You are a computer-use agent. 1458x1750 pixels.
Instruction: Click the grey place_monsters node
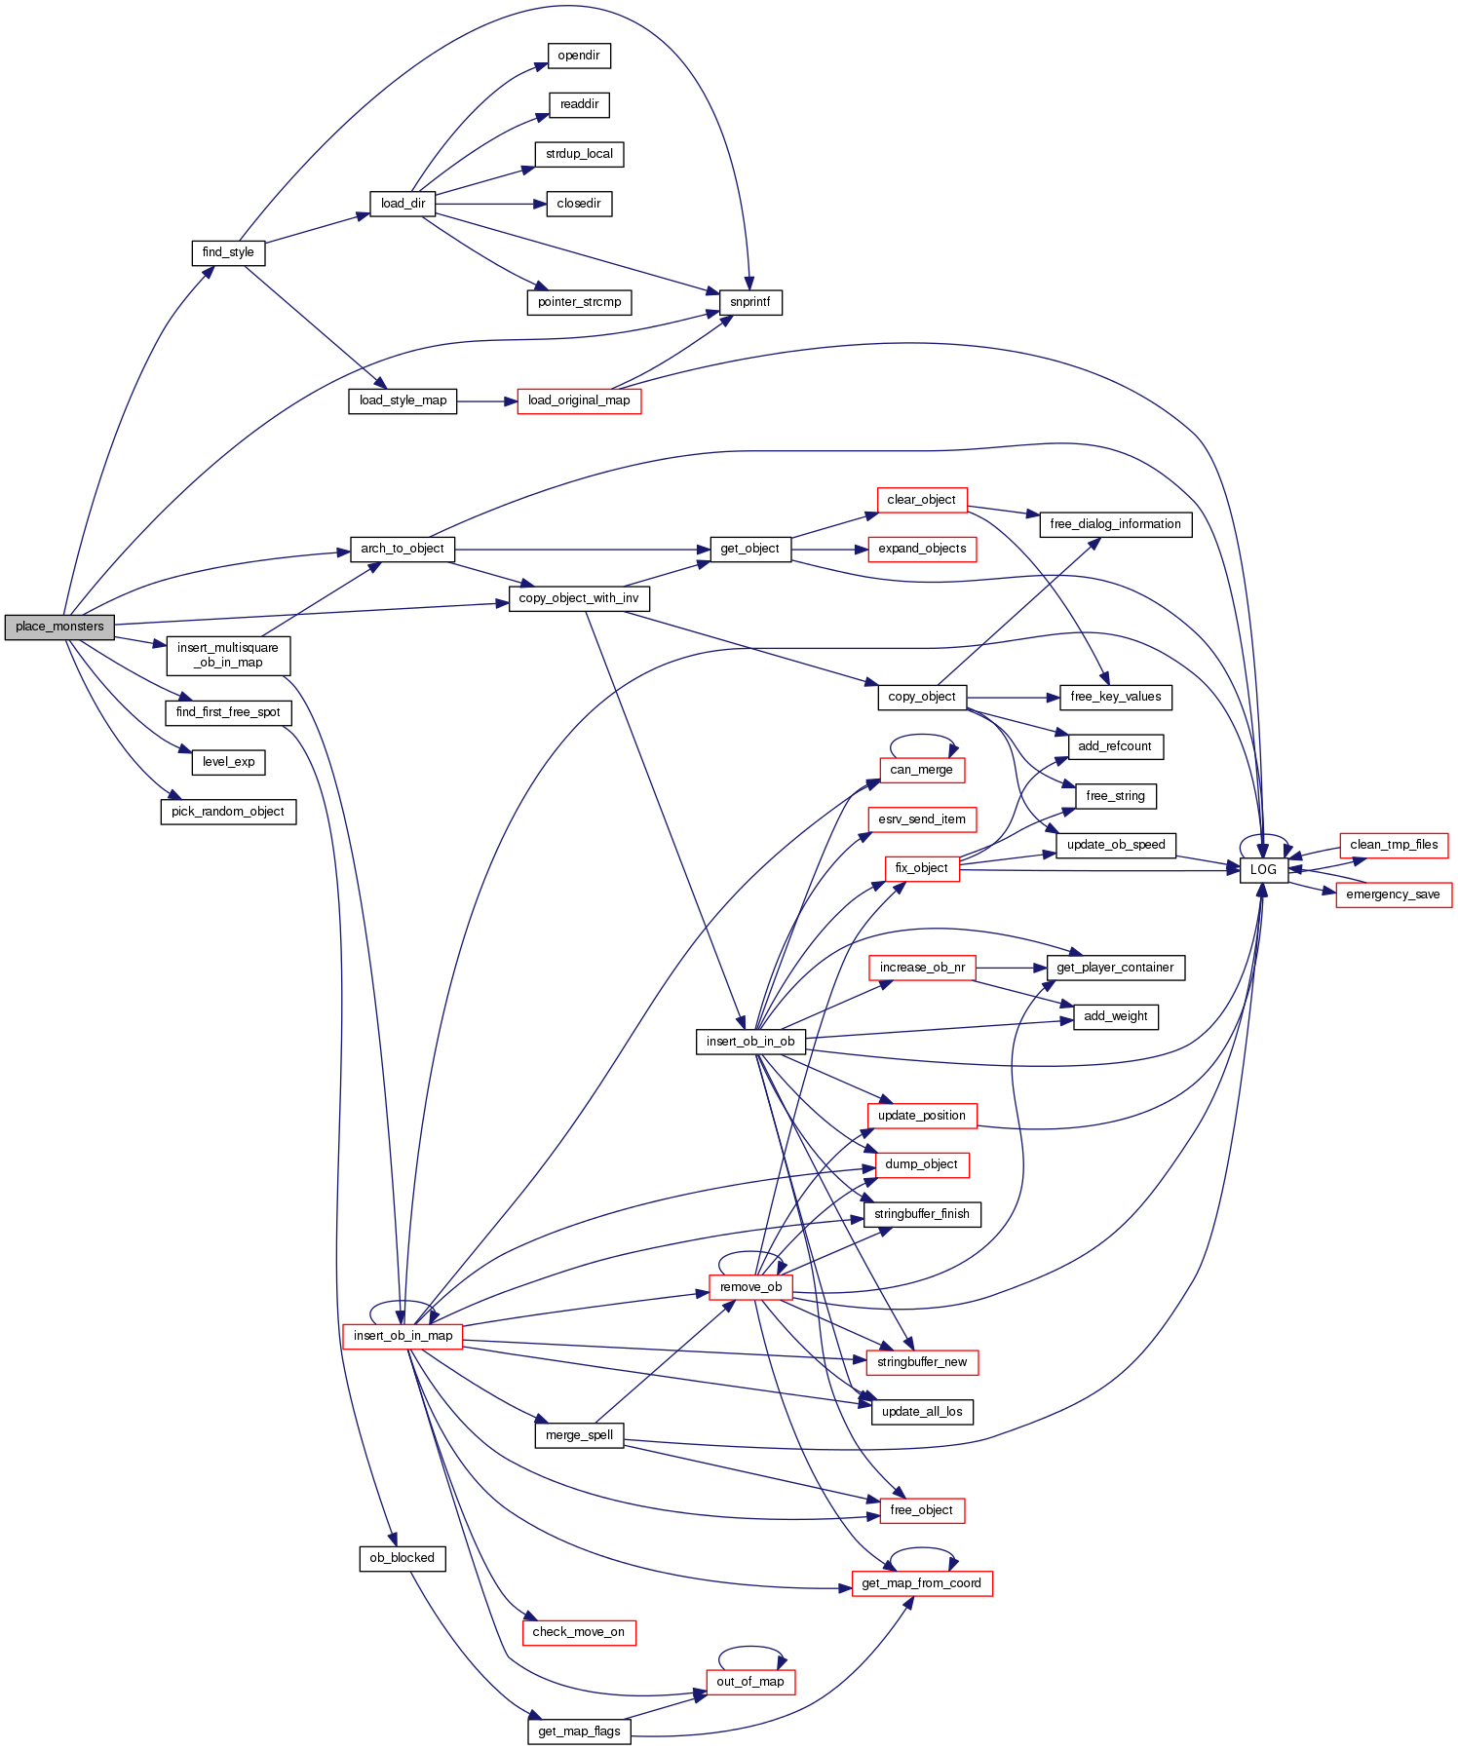point(58,627)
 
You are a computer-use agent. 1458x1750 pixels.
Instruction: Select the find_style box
point(228,252)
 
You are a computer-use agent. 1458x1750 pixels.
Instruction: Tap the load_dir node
point(403,204)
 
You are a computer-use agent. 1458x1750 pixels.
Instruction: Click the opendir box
point(579,56)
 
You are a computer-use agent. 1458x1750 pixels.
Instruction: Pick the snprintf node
point(750,302)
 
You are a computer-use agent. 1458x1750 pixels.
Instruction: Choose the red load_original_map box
point(579,400)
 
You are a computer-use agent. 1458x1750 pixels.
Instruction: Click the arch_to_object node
point(402,549)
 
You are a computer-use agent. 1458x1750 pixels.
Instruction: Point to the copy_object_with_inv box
point(579,598)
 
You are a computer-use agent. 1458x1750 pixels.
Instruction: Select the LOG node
point(1263,869)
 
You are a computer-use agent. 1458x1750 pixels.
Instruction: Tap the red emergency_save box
point(1393,894)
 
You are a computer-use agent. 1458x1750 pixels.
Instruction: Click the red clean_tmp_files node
point(1394,845)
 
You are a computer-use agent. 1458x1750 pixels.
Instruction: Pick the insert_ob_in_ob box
point(750,1042)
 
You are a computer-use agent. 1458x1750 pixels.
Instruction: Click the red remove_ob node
point(750,1287)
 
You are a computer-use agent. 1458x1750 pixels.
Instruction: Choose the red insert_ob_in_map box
point(403,1336)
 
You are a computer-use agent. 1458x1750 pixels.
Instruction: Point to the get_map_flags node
point(579,1731)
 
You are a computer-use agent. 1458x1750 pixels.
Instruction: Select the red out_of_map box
point(750,1682)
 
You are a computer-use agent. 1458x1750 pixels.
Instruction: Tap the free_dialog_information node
point(1115,524)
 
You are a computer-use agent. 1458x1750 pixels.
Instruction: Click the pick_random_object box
point(228,812)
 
